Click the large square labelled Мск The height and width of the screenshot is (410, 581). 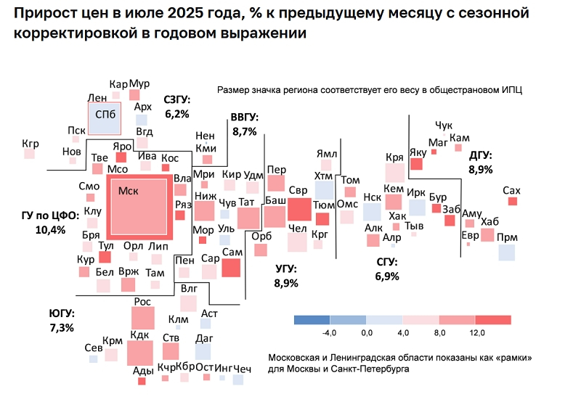(x=138, y=206)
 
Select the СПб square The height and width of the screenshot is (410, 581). (x=104, y=118)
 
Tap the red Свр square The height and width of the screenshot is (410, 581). (x=298, y=208)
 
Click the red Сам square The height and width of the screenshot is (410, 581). (x=231, y=267)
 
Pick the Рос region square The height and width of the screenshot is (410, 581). (x=143, y=318)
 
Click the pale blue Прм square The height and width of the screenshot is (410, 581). (x=507, y=253)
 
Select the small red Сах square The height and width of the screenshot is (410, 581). (x=512, y=202)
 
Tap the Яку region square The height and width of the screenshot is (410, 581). (x=416, y=164)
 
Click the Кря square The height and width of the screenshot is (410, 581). (x=394, y=173)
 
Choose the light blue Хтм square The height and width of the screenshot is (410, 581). (x=323, y=191)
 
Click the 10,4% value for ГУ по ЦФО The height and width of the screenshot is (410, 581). (x=50, y=230)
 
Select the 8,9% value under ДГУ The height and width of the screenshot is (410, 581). (x=481, y=169)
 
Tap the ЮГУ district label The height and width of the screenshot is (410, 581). (x=62, y=313)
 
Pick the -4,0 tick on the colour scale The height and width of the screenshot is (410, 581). (x=330, y=332)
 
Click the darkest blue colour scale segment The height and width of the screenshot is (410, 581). (x=312, y=319)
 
